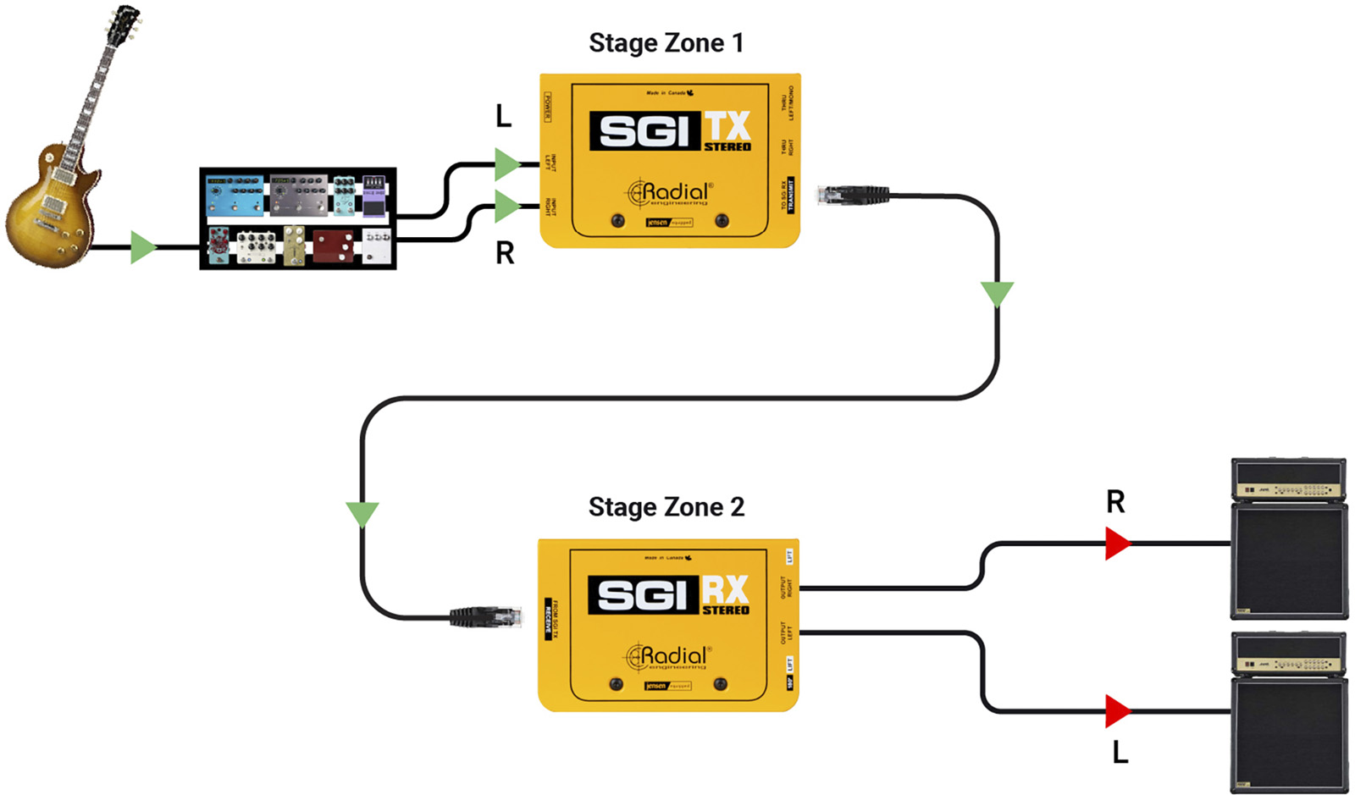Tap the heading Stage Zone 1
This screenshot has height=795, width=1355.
click(x=666, y=43)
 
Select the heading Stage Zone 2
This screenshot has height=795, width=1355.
click(x=666, y=507)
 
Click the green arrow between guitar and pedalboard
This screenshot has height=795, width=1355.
click(x=142, y=247)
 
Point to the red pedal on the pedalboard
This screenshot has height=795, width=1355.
click(x=334, y=246)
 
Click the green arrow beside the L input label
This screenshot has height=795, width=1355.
click(x=506, y=163)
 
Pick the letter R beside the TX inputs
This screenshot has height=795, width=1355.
click(x=505, y=253)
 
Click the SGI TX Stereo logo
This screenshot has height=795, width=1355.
click(x=670, y=130)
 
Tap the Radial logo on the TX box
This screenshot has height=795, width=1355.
click(x=669, y=193)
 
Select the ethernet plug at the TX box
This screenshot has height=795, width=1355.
click(x=852, y=195)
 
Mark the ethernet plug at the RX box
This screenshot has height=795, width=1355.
click(x=485, y=616)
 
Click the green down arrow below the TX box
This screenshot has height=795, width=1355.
click(x=997, y=293)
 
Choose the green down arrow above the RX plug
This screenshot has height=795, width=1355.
click(x=362, y=514)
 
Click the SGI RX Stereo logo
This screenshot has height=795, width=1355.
click(x=669, y=594)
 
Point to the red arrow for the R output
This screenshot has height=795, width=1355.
click(x=1117, y=544)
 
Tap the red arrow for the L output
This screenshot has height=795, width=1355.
click(x=1117, y=711)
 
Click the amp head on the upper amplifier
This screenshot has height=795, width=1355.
click(x=1288, y=480)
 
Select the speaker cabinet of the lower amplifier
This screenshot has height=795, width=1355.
click(x=1288, y=733)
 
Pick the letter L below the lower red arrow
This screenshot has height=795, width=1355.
click(x=1120, y=752)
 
